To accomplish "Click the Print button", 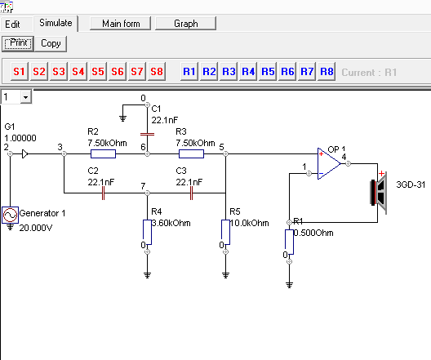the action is pos(18,43).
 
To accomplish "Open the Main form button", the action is pos(120,24).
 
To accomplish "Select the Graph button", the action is pos(185,24).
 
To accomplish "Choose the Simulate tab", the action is pos(56,23).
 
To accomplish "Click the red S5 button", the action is pos(98,72).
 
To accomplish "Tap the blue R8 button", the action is pos(327,72).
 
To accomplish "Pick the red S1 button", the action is pos(20,72).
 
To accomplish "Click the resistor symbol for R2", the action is pos(104,154).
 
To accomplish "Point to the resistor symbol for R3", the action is pos(191,154).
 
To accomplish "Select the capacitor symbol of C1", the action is pos(147,135).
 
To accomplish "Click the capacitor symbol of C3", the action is pos(191,193).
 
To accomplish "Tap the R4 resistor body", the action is pos(147,232).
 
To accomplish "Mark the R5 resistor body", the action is pos(225,232).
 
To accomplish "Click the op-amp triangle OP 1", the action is pos(328,164).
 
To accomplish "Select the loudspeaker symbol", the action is pos(379,193).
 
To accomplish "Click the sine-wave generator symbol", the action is pos(10,215).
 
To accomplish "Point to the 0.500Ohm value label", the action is pos(313,233).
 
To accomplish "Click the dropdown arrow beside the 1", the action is pos(25,97).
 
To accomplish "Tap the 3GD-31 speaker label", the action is pos(411,184).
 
